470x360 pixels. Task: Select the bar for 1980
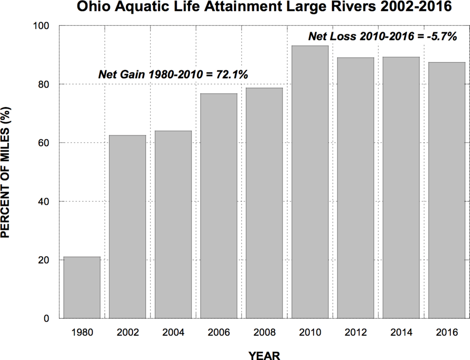[x=82, y=288]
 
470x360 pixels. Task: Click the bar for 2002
[x=127, y=227]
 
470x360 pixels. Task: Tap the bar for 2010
[x=310, y=182]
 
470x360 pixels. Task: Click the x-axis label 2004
[x=173, y=332]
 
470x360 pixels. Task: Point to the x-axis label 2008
[x=264, y=332]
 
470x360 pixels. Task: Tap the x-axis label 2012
[x=355, y=332]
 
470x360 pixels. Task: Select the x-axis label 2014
[x=401, y=332]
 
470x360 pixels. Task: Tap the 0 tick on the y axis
[x=51, y=319]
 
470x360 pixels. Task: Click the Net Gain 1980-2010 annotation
[x=173, y=74]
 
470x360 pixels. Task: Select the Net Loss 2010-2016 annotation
[x=382, y=36]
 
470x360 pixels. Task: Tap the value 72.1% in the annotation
[x=231, y=74]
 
